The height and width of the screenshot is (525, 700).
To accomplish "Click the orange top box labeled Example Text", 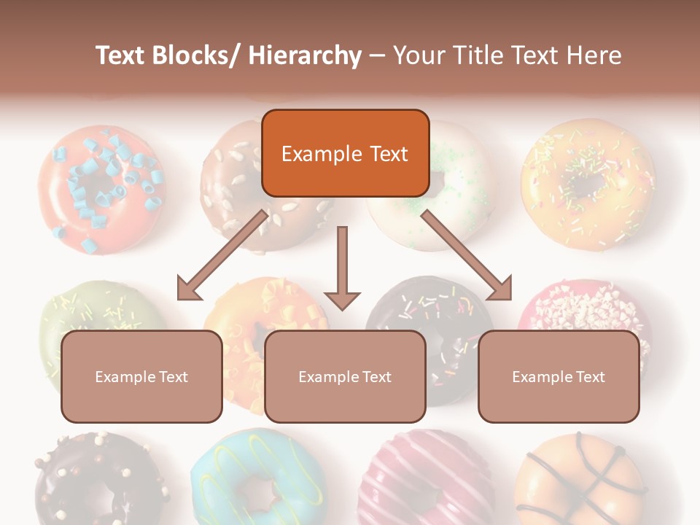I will [345, 153].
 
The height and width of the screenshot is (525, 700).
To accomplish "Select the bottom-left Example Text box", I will [141, 376].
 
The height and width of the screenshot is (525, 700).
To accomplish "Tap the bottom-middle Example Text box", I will [345, 376].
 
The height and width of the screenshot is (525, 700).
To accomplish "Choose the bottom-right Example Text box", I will [559, 376].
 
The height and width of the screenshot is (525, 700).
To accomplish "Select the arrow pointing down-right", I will [467, 256].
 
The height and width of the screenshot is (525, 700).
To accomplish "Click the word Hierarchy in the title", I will [305, 55].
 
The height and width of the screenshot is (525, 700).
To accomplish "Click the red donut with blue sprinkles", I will [98, 190].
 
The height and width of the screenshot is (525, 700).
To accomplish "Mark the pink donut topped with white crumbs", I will [591, 306].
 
